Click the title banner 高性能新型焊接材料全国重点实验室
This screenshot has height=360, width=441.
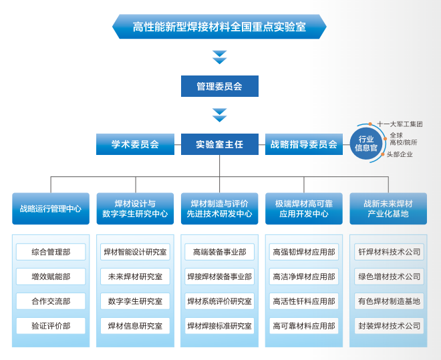tap(219, 27)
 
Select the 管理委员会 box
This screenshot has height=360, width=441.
tap(220, 86)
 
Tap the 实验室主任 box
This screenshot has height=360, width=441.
tap(220, 144)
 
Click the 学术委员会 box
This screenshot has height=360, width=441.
tap(135, 144)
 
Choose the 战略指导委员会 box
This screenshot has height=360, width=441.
tap(304, 144)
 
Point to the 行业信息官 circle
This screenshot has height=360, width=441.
tap(366, 144)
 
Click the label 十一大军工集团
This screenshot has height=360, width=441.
tap(400, 124)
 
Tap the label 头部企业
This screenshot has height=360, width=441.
tap(400, 154)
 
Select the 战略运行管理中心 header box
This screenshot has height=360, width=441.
tap(51, 208)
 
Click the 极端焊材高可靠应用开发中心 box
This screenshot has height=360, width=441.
tap(304, 208)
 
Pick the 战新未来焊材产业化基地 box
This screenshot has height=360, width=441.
tap(388, 208)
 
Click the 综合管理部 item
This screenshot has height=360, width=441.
tap(51, 252)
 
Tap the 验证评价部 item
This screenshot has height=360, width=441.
tap(51, 326)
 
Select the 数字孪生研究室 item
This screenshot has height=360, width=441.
tap(135, 301)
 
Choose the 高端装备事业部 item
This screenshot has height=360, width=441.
tap(220, 252)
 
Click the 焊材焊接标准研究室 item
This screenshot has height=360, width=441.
tap(220, 326)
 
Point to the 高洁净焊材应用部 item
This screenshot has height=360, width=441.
tap(304, 277)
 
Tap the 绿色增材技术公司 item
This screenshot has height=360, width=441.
tap(390, 277)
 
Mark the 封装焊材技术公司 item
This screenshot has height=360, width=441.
tap(390, 326)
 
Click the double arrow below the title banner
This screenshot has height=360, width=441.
tap(220, 57)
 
